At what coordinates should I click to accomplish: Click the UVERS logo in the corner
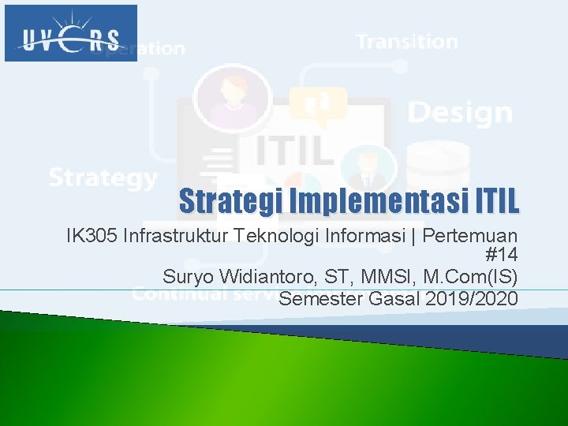pos(71,33)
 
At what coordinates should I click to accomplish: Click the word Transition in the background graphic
pos(406,42)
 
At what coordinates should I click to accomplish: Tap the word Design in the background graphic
pos(460,113)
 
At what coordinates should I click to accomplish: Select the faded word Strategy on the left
pos(103,177)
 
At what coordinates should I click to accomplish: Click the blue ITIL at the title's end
pos(498,201)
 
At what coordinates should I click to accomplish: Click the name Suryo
pos(187,278)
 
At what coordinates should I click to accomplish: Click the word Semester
pos(316,299)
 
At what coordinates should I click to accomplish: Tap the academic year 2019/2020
pos(471,299)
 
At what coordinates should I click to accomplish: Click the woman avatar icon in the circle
pos(233,97)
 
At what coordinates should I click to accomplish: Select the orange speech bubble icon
pos(318,106)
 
